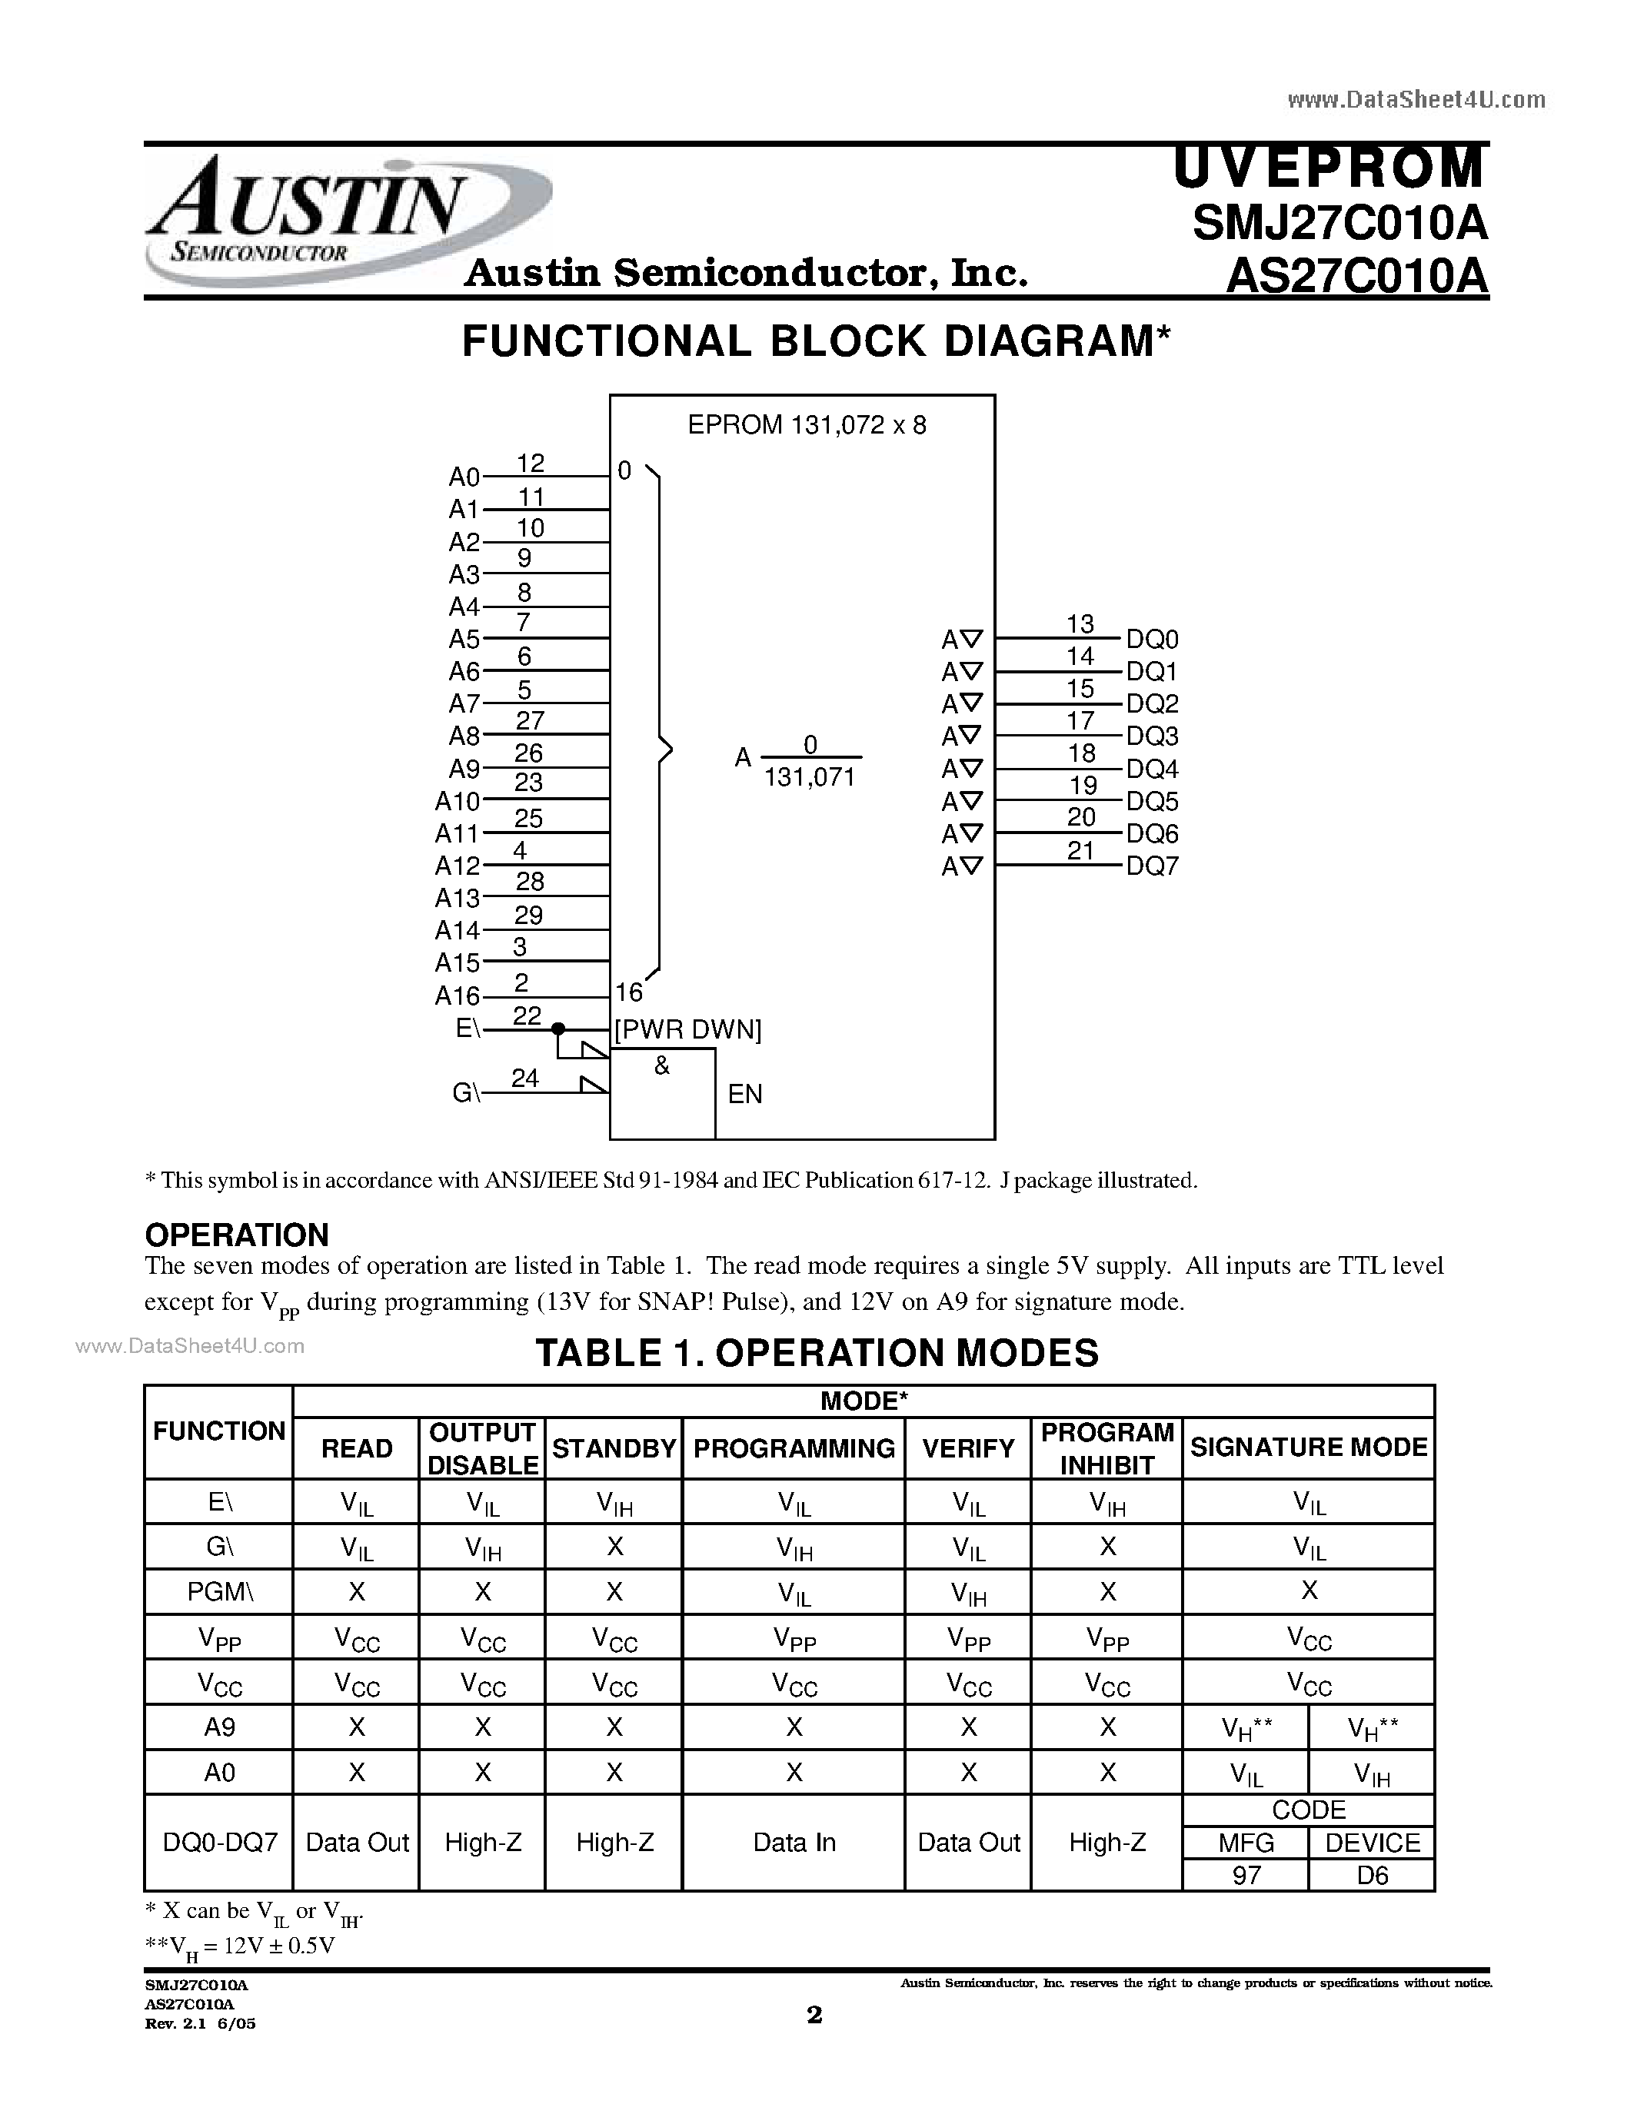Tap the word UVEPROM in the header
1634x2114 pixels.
(x=1328, y=168)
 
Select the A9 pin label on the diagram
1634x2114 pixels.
(x=464, y=769)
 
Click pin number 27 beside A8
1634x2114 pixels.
(x=530, y=720)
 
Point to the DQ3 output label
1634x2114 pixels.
(x=1152, y=736)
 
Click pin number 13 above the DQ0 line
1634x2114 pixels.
(x=1080, y=624)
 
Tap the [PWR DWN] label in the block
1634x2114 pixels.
(x=688, y=1030)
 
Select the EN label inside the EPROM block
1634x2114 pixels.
(x=744, y=1094)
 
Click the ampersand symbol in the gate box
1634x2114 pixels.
(x=662, y=1065)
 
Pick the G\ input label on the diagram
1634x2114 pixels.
(x=466, y=1093)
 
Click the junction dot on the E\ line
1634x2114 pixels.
(x=557, y=1029)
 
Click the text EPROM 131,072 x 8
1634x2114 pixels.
(x=807, y=425)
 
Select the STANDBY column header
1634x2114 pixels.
(x=614, y=1448)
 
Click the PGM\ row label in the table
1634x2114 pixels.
(x=219, y=1592)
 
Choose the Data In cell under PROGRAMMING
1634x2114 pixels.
(x=794, y=1842)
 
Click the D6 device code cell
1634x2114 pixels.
(x=1372, y=1876)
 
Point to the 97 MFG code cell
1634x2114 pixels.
(x=1246, y=1876)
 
